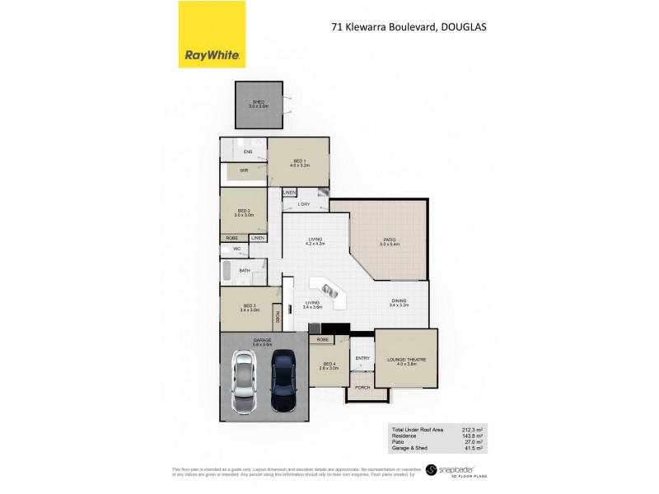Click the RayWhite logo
tap(212, 35)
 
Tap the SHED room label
tap(259, 102)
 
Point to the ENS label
tap(247, 152)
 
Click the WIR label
tap(244, 170)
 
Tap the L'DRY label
tap(304, 203)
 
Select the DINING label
tap(399, 301)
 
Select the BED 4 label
tap(329, 365)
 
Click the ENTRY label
tap(362, 358)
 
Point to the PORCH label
tap(361, 386)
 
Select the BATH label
tap(245, 270)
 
